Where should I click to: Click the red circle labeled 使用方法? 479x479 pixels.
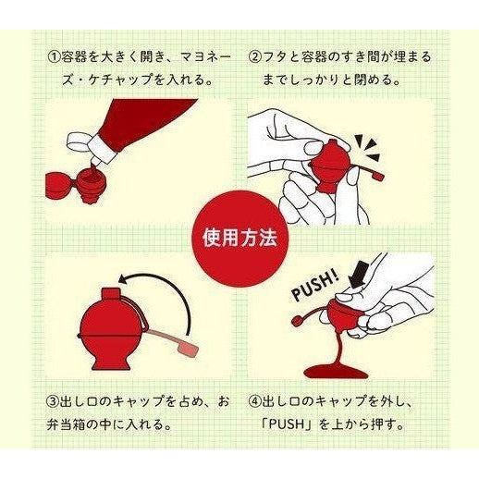point(239,239)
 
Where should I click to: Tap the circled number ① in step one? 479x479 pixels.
point(54,57)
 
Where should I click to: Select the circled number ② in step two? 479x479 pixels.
point(254,57)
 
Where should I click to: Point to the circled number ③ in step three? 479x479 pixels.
point(53,402)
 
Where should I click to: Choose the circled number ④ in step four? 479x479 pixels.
point(254,402)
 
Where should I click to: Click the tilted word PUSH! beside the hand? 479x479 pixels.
point(315,286)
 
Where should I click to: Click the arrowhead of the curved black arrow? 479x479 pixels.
point(124,279)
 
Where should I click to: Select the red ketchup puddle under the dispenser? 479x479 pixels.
point(336,371)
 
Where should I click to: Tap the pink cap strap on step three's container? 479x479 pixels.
point(172,339)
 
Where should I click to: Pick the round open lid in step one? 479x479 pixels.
point(57,186)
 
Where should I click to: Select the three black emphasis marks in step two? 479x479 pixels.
point(369,149)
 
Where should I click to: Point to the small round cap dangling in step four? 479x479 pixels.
point(297,322)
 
